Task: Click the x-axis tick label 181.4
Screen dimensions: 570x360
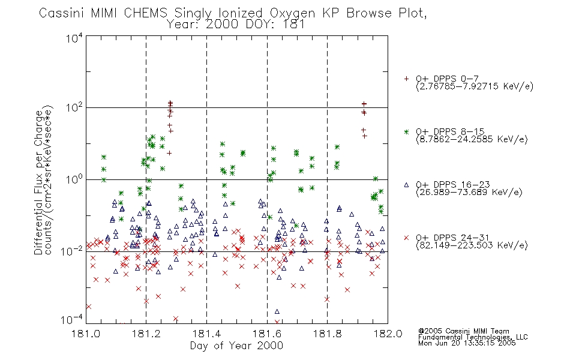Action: (x=206, y=334)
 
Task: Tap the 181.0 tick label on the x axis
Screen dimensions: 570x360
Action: (x=86, y=334)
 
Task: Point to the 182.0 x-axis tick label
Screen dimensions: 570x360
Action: (x=388, y=334)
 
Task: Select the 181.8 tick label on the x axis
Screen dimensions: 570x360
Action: (x=327, y=334)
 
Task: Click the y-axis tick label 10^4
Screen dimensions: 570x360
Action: (x=74, y=38)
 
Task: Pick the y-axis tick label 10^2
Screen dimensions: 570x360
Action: (x=74, y=107)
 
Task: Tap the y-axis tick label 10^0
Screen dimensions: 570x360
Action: (x=74, y=179)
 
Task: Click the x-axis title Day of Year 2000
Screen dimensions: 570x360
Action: (x=236, y=346)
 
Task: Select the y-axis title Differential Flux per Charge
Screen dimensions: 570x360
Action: (x=38, y=183)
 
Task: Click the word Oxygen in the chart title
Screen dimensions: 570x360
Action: (x=293, y=13)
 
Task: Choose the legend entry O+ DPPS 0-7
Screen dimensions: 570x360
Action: (x=448, y=79)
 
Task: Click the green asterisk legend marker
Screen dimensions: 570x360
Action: (x=406, y=131)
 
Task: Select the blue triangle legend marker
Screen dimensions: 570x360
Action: (x=406, y=185)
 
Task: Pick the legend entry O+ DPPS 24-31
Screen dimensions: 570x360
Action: (x=452, y=238)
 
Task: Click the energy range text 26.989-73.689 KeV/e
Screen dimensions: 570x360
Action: (x=469, y=193)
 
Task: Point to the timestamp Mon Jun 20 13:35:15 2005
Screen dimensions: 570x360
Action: (x=467, y=343)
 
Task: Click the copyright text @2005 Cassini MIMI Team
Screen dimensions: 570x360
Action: (x=464, y=331)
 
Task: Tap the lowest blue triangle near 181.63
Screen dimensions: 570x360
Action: (x=277, y=311)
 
